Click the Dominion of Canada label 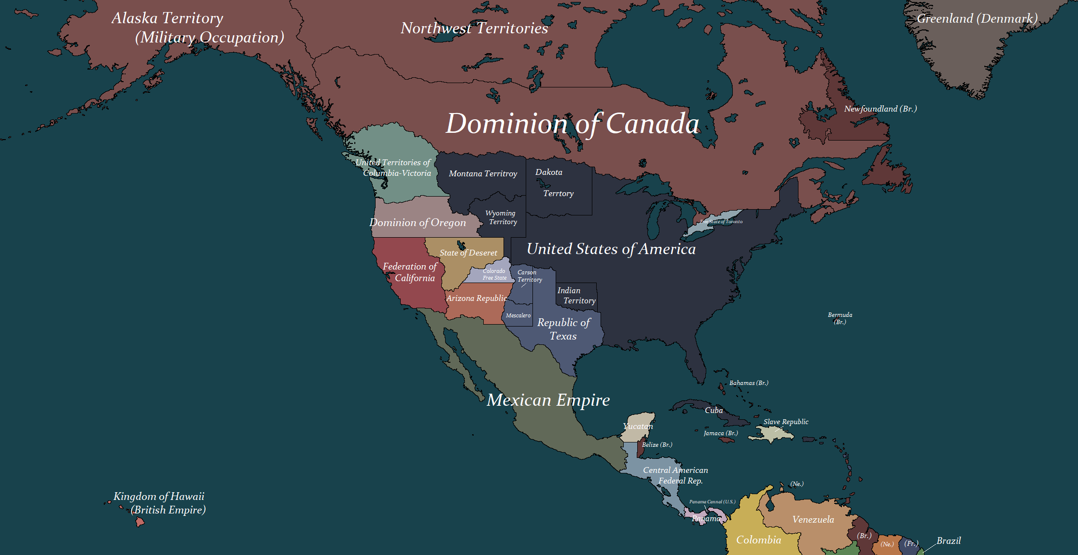[x=573, y=124]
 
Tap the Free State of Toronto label [x=721, y=222]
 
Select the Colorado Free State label [x=494, y=274]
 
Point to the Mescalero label [x=518, y=315]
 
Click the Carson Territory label [x=529, y=276]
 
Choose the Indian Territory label [x=576, y=296]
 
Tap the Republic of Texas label [x=563, y=329]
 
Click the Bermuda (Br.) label [x=840, y=318]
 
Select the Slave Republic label [x=786, y=422]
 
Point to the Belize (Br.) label [x=657, y=444]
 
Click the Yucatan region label [x=638, y=426]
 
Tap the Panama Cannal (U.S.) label [x=712, y=501]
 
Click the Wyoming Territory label [x=502, y=217]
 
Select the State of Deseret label [x=468, y=253]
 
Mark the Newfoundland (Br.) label [x=880, y=109]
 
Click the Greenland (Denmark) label [x=977, y=19]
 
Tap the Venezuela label [x=813, y=519]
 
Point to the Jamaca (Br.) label [x=721, y=433]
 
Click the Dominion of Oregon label [x=418, y=223]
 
